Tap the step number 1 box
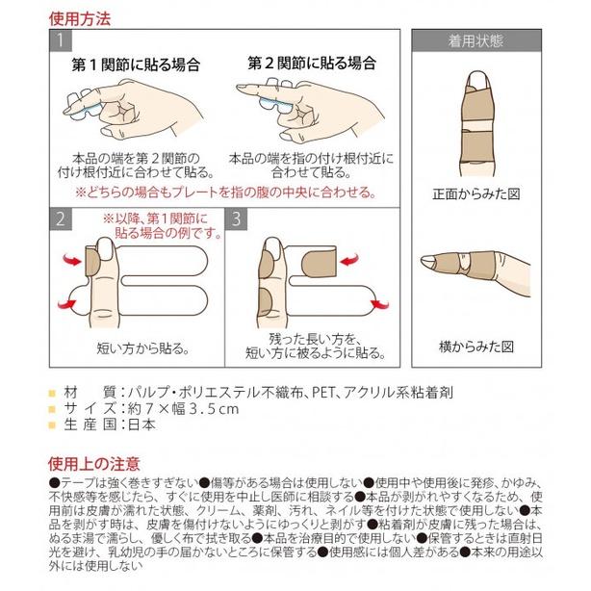(61, 41)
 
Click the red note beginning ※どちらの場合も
(225, 192)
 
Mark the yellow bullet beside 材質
(51, 393)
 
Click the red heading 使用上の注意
(93, 464)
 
